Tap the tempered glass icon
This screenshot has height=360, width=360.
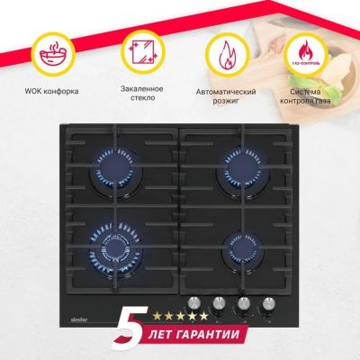pyautogui.click(x=142, y=52)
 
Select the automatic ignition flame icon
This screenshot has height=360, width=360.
pyautogui.click(x=228, y=56)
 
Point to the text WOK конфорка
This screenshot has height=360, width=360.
pyautogui.click(x=51, y=91)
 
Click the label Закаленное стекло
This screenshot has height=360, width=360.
pyautogui.click(x=142, y=94)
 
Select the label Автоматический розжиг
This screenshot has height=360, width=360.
pyautogui.click(x=226, y=96)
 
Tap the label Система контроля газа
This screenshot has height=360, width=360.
pyautogui.click(x=305, y=96)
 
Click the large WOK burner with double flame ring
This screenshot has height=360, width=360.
pyautogui.click(x=115, y=249)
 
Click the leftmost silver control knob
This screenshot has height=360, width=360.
pyautogui.click(x=194, y=304)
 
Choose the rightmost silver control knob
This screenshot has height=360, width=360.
pyautogui.click(x=268, y=305)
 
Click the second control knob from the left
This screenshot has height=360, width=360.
pyautogui.click(x=219, y=304)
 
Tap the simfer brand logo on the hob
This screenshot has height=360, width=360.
pyautogui.click(x=79, y=319)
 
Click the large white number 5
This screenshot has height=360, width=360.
pyautogui.click(x=131, y=328)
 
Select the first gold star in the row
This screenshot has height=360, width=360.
pyautogui.click(x=157, y=316)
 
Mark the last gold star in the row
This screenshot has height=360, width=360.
pyautogui.click(x=203, y=316)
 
